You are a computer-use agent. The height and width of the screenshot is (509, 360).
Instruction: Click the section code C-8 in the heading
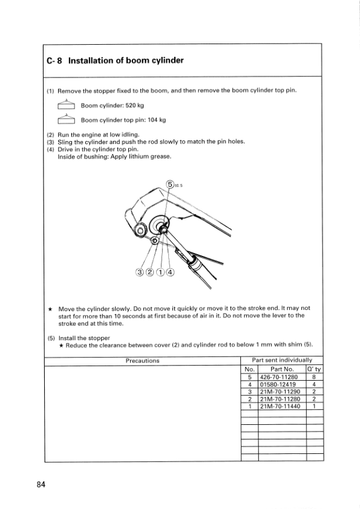coord(54,61)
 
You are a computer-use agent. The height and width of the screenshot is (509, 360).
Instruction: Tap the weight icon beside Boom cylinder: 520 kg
coord(66,104)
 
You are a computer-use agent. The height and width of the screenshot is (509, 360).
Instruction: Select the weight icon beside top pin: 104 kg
coord(66,119)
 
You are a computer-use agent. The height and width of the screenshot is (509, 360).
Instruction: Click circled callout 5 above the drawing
coord(171,185)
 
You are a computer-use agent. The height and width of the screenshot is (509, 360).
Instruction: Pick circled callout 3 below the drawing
coord(140,272)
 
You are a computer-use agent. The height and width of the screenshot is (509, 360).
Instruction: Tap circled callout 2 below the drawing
coord(149,272)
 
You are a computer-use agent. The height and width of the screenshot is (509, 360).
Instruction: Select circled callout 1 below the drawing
coord(160,272)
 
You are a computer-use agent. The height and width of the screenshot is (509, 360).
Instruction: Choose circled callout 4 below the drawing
coord(170,272)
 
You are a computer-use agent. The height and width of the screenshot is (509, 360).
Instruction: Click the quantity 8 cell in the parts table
coord(314,377)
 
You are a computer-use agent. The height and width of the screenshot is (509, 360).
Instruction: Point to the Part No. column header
coord(282,369)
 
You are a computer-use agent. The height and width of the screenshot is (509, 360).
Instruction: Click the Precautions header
coord(143,361)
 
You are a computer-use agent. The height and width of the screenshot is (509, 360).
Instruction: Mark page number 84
coord(41,485)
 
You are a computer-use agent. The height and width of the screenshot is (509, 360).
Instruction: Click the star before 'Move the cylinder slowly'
coord(50,309)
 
